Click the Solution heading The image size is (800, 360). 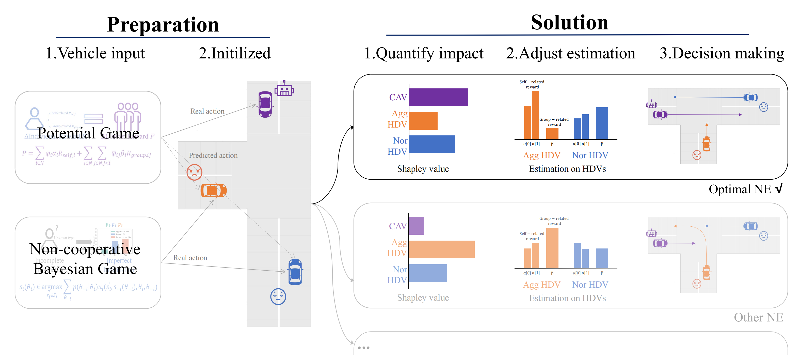(x=569, y=22)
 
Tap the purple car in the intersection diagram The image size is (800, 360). (x=265, y=104)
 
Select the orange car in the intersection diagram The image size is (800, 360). (x=213, y=190)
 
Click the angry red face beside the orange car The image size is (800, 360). (x=194, y=172)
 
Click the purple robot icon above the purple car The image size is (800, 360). (x=284, y=89)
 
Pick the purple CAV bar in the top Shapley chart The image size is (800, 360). (x=438, y=97)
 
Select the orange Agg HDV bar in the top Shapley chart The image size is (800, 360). (x=423, y=121)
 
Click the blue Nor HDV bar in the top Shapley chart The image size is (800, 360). (x=432, y=144)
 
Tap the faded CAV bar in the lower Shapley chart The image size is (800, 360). (x=416, y=226)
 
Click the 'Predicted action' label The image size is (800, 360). (x=213, y=155)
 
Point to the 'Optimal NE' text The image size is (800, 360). (x=740, y=189)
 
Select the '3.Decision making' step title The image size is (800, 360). (x=722, y=53)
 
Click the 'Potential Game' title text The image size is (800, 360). (x=88, y=133)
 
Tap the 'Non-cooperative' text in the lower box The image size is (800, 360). (x=85, y=249)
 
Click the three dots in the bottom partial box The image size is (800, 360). (x=363, y=348)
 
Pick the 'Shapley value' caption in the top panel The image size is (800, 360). (x=423, y=169)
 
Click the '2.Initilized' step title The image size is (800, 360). (x=234, y=53)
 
